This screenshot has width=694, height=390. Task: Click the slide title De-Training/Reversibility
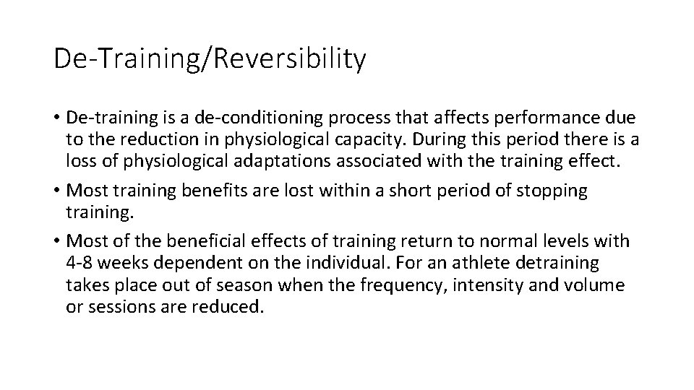tap(210, 59)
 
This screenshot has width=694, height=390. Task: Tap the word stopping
tap(554, 191)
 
